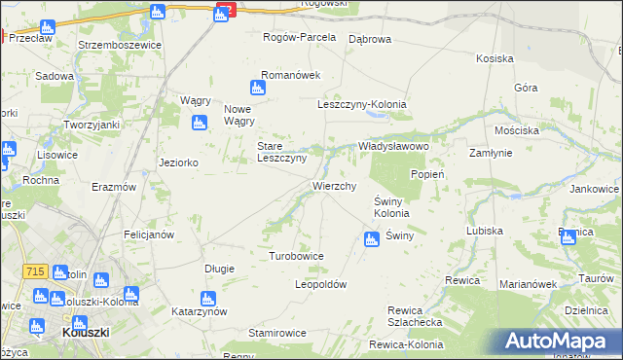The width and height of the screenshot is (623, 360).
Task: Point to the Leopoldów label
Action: pyautogui.click(x=321, y=285)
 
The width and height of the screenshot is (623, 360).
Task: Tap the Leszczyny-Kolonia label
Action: pyautogui.click(x=362, y=104)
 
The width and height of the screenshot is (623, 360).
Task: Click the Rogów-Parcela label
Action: pyautogui.click(x=300, y=37)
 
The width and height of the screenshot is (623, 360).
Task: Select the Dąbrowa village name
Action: pyautogui.click(x=369, y=39)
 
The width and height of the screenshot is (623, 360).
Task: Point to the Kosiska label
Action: pyautogui.click(x=495, y=58)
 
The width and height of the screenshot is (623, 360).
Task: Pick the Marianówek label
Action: pyautogui.click(x=527, y=284)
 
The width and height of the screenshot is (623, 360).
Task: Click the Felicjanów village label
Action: pyautogui.click(x=149, y=234)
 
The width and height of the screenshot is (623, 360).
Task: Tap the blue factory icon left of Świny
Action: pyautogui.click(x=371, y=238)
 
